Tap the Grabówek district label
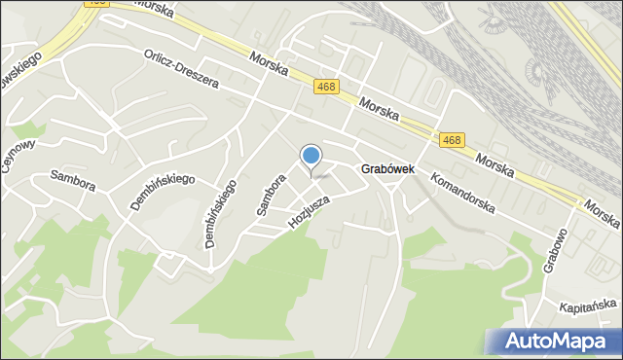click(x=388, y=168)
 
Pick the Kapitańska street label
click(x=590, y=307)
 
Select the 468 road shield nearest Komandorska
click(x=451, y=141)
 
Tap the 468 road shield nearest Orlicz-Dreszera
click(x=326, y=87)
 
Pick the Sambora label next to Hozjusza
click(x=270, y=194)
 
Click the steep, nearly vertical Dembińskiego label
click(x=221, y=214)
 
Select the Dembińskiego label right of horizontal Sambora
click(x=163, y=192)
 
